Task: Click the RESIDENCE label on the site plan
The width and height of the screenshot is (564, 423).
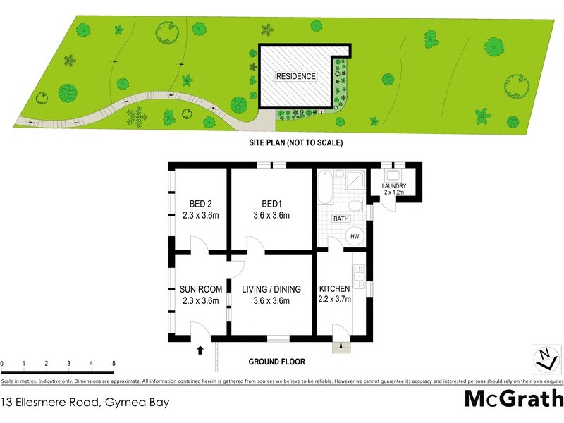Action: tap(296, 76)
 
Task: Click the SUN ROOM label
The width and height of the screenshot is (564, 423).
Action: tap(200, 289)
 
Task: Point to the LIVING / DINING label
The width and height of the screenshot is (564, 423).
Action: tap(271, 289)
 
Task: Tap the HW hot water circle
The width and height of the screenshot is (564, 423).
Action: tap(355, 236)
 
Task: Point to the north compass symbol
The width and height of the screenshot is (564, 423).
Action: tap(544, 358)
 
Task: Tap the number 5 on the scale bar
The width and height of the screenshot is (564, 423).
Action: tap(114, 364)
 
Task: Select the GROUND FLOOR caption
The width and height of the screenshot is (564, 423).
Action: tap(276, 362)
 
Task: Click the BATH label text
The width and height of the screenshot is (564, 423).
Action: tap(341, 219)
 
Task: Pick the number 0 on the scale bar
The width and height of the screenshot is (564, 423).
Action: tap(2, 364)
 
